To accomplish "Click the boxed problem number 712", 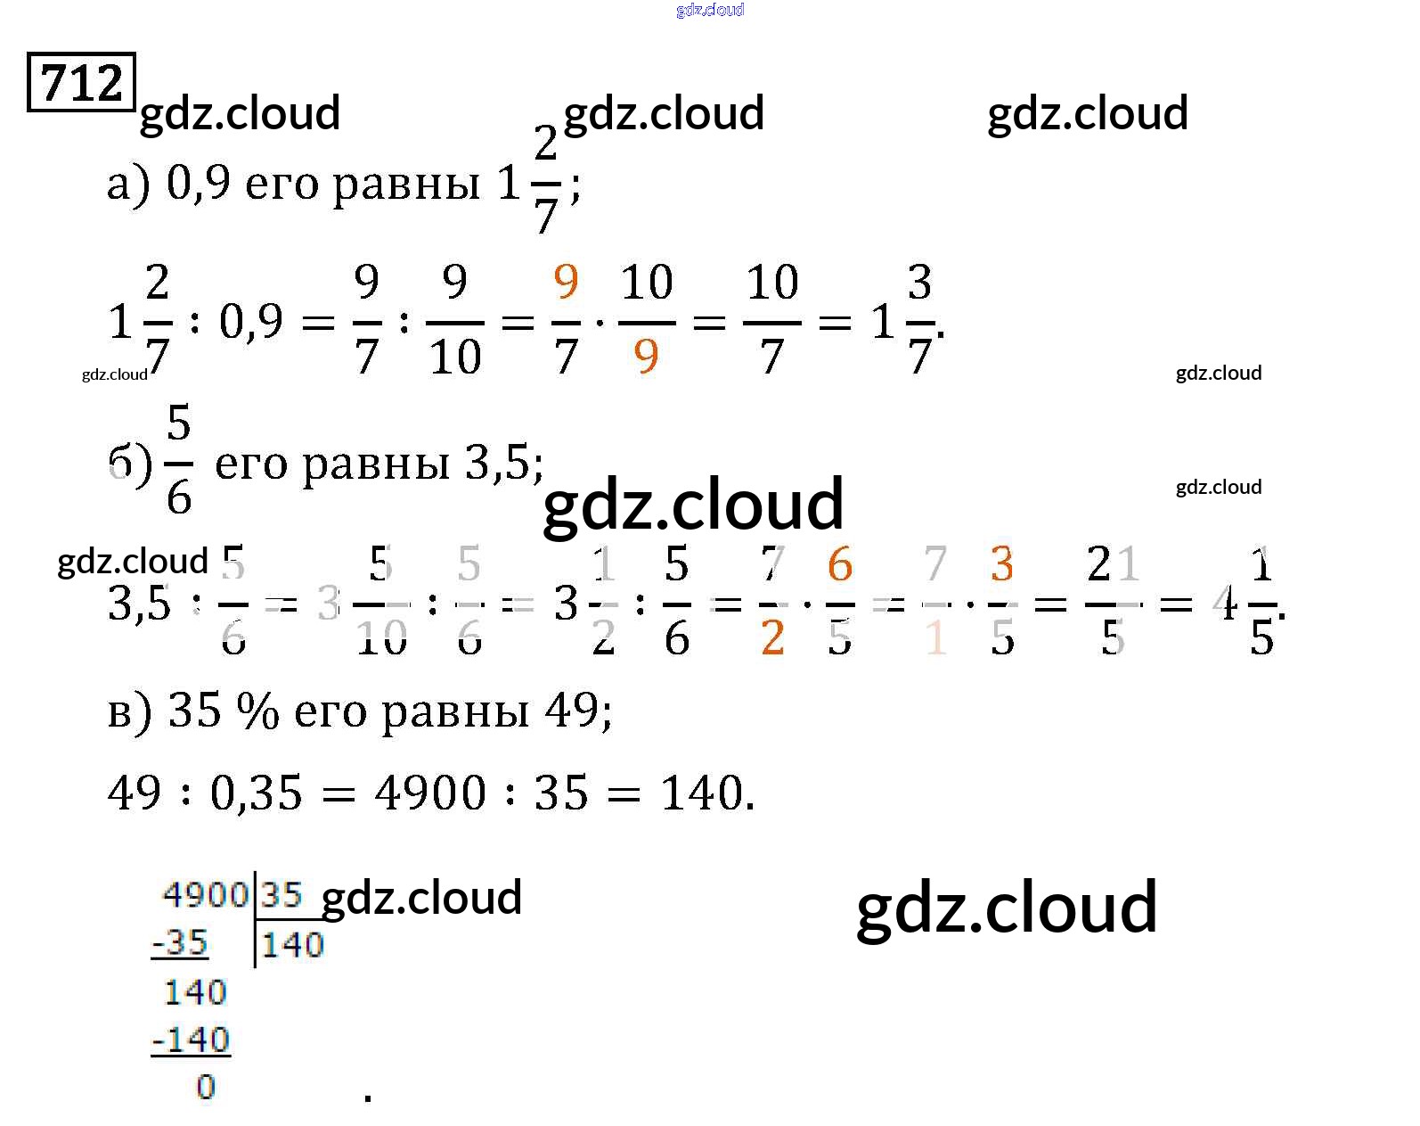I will click(x=81, y=83).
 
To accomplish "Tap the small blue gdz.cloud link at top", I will click(x=710, y=10).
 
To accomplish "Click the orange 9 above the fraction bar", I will click(x=566, y=283).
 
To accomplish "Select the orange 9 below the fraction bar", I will click(x=646, y=356).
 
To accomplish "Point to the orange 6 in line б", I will click(x=839, y=564).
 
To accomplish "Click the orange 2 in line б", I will click(x=772, y=637).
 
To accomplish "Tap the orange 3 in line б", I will click(x=1001, y=564).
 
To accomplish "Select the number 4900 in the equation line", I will click(x=430, y=793).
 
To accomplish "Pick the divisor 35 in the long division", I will click(x=282, y=894).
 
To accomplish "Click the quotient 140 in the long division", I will click(x=292, y=945).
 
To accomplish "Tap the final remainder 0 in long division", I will click(x=206, y=1087).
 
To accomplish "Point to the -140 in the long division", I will click(x=191, y=1040).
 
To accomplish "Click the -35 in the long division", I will click(x=180, y=942).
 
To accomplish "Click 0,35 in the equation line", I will click(x=257, y=793).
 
